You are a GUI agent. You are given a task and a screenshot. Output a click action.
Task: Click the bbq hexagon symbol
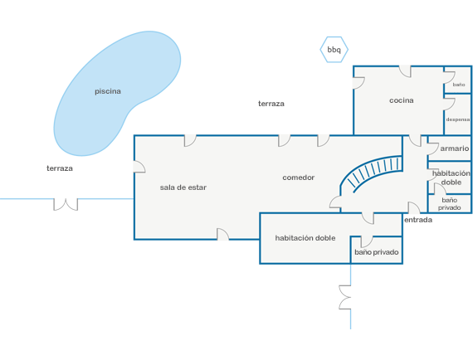click(x=334, y=50)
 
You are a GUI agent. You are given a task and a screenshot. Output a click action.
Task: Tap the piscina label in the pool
click(x=108, y=91)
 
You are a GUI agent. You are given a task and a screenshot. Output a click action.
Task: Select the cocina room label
click(x=401, y=100)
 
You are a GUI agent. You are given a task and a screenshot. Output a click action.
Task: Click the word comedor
click(x=299, y=178)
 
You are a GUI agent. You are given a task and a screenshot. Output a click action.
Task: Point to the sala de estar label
click(x=183, y=187)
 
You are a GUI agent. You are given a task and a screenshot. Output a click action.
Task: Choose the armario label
click(x=454, y=148)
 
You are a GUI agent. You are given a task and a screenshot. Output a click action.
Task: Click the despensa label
click(x=458, y=119)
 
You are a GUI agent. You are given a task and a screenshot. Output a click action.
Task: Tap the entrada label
click(x=418, y=220)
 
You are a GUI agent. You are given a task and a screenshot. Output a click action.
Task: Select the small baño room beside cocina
click(x=457, y=80)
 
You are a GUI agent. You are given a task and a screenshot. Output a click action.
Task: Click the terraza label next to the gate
click(x=60, y=168)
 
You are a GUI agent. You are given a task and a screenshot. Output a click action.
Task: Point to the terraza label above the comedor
click(x=271, y=104)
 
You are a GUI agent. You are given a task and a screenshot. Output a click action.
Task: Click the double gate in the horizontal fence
click(x=66, y=204)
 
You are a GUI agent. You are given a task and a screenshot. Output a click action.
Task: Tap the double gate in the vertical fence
click(x=345, y=297)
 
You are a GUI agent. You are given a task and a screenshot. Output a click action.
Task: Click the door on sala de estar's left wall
click(x=139, y=167)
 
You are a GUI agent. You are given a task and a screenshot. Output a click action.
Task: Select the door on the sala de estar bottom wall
click(x=223, y=234)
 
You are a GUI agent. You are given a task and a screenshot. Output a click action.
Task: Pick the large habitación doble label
click(x=305, y=238)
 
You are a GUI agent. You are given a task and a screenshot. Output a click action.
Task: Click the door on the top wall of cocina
click(x=405, y=71)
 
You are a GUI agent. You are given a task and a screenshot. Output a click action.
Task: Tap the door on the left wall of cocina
click(x=358, y=83)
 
